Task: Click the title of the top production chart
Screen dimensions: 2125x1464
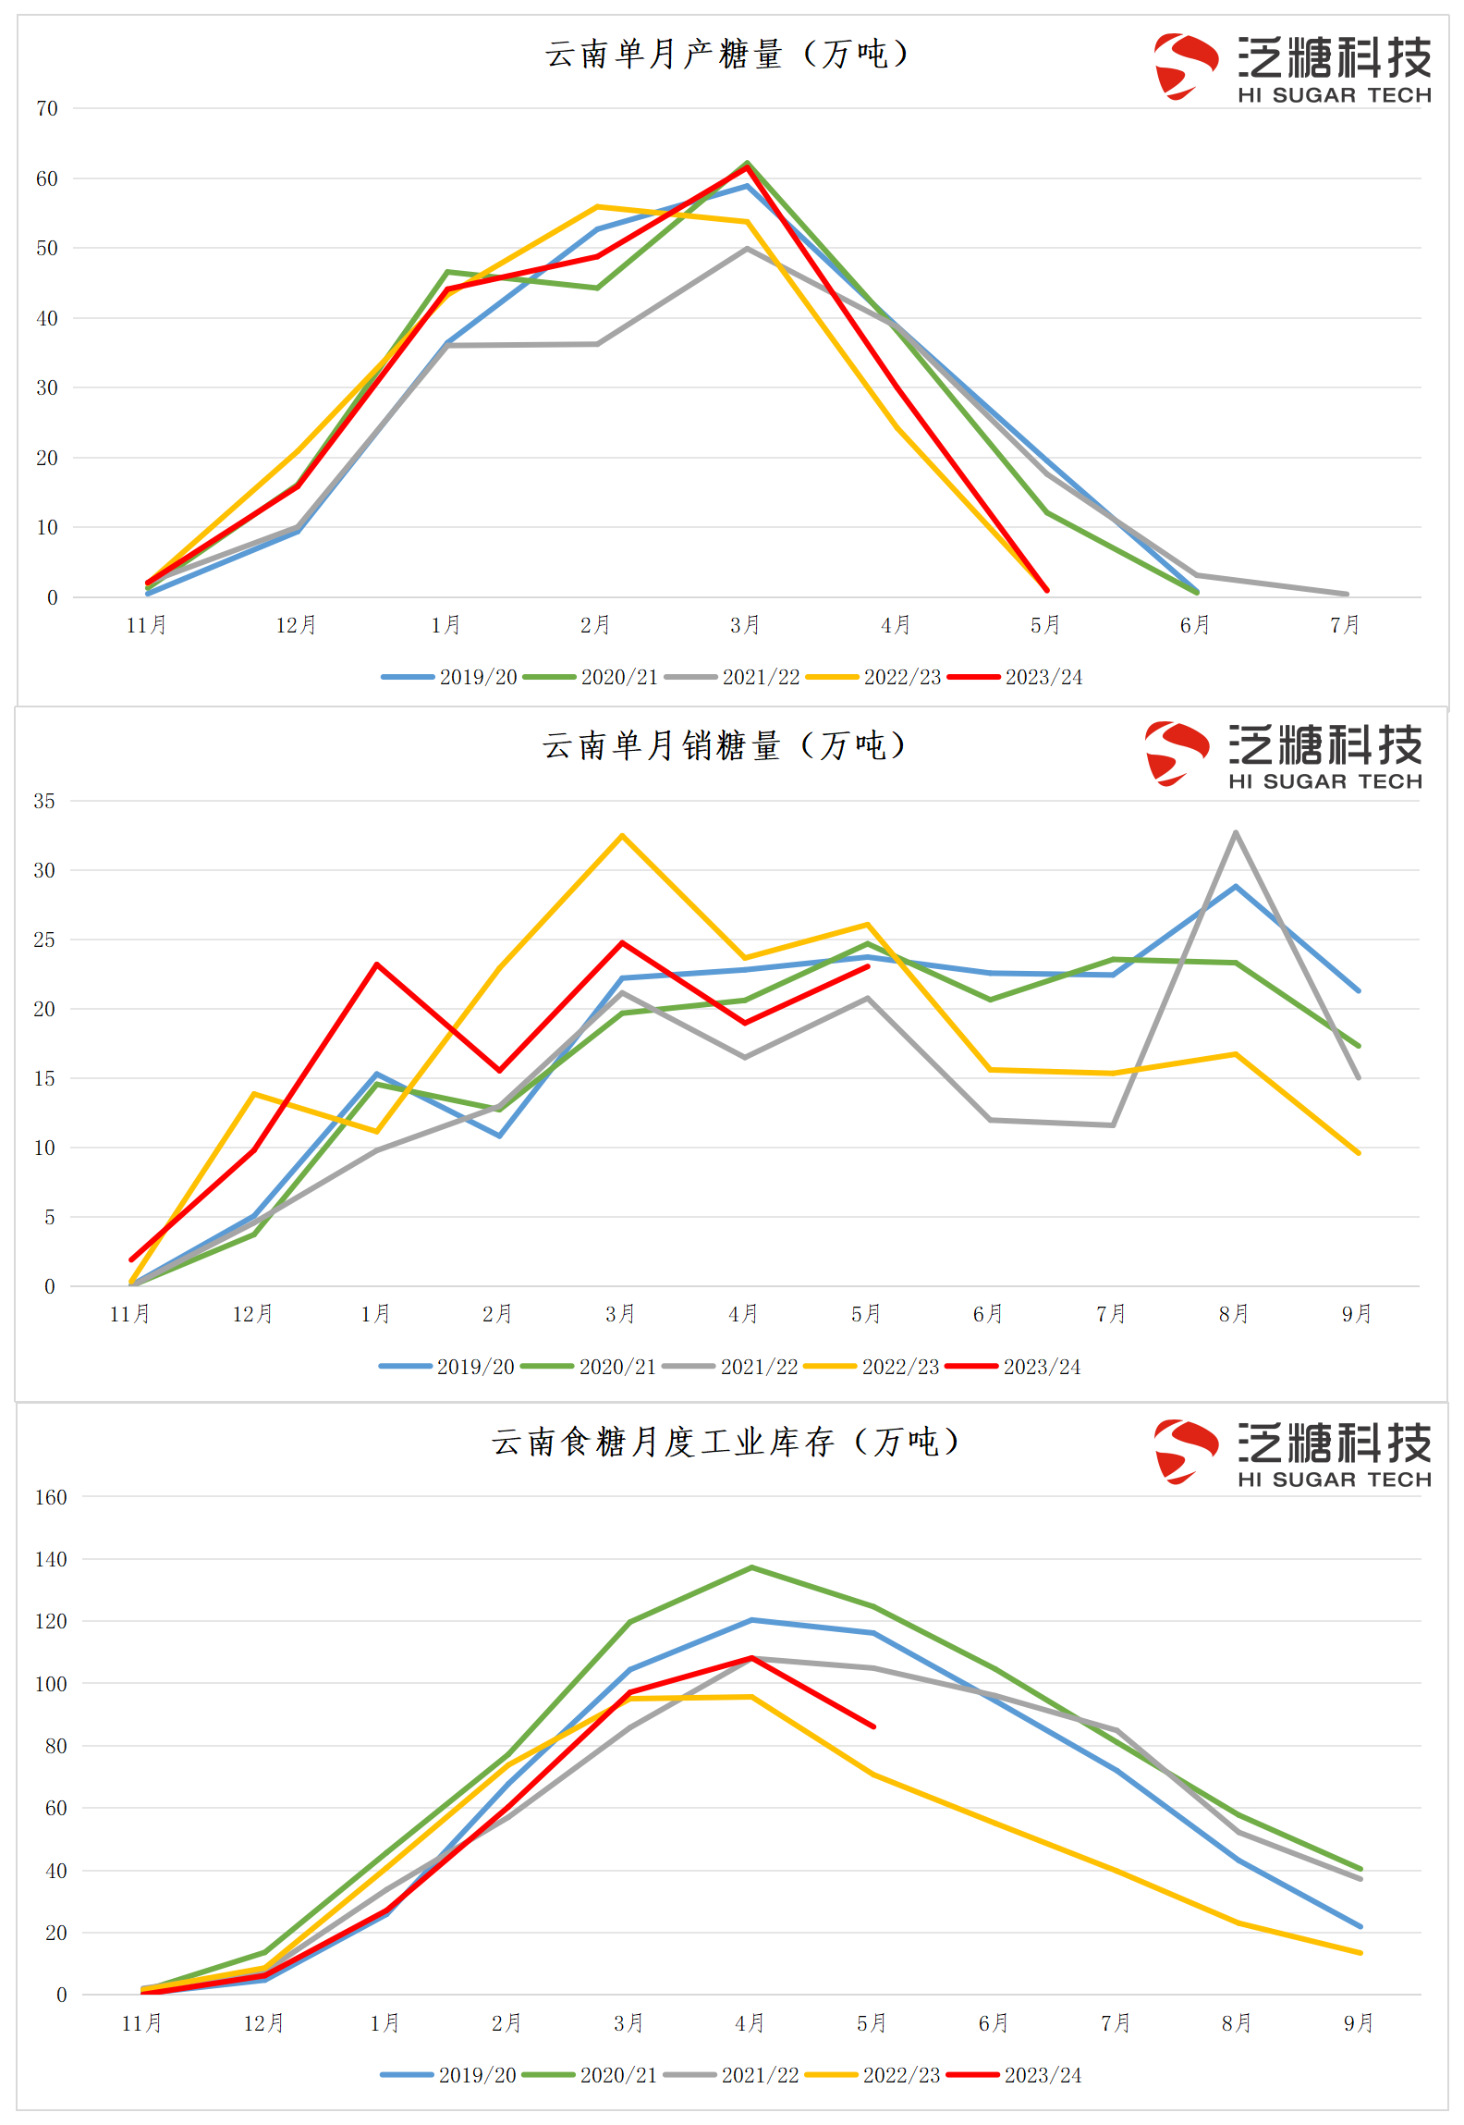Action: (x=726, y=54)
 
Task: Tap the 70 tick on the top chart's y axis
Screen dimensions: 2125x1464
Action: (x=47, y=109)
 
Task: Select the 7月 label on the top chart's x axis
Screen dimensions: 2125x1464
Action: (x=1345, y=625)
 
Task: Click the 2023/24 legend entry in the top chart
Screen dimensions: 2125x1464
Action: (x=1015, y=677)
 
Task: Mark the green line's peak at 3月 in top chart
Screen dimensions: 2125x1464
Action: (x=747, y=163)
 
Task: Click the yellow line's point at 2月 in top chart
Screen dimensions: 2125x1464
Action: (x=597, y=206)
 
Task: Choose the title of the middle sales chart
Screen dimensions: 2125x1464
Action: (x=724, y=745)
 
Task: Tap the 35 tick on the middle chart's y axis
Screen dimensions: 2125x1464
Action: (x=44, y=801)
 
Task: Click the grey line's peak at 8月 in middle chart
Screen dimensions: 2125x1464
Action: (x=1236, y=832)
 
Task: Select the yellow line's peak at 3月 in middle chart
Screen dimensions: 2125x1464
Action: (x=622, y=835)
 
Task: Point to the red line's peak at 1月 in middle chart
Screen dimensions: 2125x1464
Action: (x=376, y=964)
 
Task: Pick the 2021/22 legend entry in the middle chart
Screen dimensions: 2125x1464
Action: (x=730, y=1367)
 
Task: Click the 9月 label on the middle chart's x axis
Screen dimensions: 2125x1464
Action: (x=1357, y=1314)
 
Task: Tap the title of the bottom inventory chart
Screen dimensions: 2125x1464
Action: (x=726, y=1442)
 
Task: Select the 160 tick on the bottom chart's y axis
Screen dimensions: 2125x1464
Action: (x=51, y=1497)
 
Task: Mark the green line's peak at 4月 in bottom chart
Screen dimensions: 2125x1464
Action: (x=751, y=1567)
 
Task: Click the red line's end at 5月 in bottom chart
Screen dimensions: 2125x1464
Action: (x=873, y=1726)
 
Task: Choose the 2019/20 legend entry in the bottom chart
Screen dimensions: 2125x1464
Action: (x=449, y=2075)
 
